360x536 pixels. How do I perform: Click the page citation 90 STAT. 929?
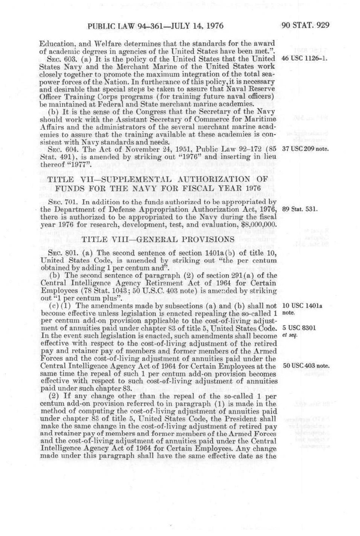tap(305, 26)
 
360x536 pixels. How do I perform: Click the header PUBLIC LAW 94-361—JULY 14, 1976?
tap(155, 26)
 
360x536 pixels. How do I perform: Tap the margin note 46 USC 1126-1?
tap(304, 59)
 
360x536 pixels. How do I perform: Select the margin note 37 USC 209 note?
tap(305, 148)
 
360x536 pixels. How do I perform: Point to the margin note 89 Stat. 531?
tap(299, 209)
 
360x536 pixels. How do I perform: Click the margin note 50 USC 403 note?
tap(306, 366)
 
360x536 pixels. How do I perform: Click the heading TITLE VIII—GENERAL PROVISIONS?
tap(158, 239)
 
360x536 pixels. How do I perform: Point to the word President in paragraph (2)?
tap(239, 419)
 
